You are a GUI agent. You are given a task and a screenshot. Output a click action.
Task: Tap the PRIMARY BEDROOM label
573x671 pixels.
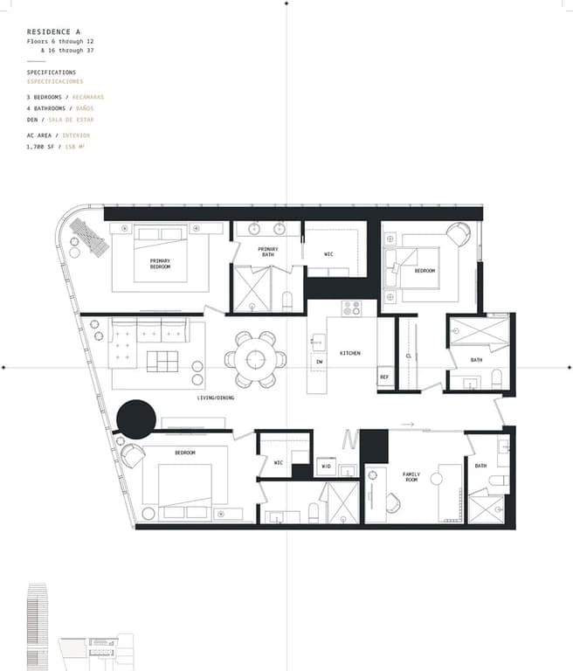coord(160,263)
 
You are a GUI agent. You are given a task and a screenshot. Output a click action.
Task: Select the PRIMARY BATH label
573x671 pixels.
coord(267,252)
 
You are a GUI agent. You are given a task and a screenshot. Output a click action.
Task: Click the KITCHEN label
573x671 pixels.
coord(350,353)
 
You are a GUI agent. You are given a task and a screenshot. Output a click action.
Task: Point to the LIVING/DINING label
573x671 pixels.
coord(215,398)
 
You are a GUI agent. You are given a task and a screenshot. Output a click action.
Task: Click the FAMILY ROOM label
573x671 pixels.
coord(411,477)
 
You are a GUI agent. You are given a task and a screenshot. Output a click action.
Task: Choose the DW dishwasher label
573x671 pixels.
coord(320,361)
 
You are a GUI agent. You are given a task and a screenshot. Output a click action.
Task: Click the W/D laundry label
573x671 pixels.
coord(326,467)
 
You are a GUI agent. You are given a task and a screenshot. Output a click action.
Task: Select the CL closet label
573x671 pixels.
coord(408,356)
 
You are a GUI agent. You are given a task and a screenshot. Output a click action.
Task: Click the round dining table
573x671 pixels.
coord(255,359)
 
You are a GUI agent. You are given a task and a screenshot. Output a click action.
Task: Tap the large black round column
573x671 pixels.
coord(137,419)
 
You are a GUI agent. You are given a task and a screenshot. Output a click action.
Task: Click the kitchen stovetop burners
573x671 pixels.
coord(351,308)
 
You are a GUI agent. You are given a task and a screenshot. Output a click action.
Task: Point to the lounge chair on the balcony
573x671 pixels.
coord(89,235)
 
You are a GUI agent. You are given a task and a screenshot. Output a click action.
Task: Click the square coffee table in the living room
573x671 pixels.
coord(162,361)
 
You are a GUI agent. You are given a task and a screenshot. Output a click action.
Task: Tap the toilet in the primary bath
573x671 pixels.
coord(286,301)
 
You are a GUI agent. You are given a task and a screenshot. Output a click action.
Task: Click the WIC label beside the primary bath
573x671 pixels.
coord(329,254)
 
